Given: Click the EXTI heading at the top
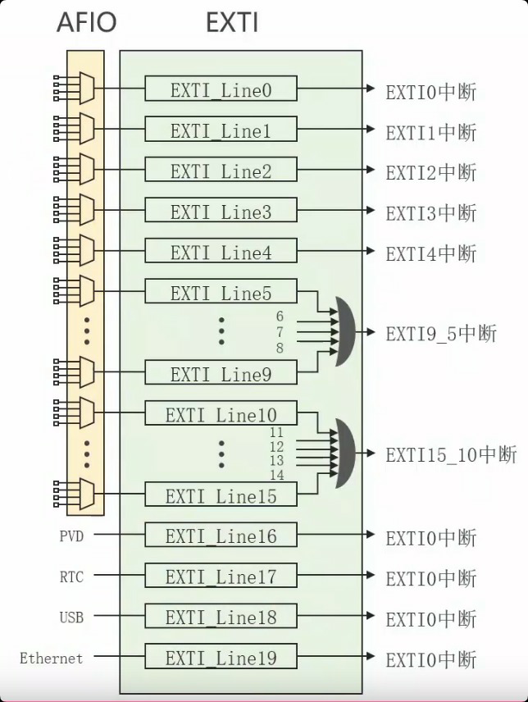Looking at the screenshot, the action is point(232,22).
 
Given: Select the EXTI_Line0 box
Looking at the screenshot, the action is point(221,89).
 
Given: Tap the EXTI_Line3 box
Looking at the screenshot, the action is point(221,212).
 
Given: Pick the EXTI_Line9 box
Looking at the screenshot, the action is point(221,374).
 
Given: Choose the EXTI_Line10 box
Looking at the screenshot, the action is point(221,414).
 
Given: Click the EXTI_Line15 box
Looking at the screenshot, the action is point(221,495).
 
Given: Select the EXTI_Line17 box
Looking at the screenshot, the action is point(221,577).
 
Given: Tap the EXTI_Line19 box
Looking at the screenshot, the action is point(221,658).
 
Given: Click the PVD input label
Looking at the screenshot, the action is point(71,536).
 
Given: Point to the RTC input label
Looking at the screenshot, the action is point(71,577).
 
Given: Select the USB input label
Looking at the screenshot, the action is point(71,617).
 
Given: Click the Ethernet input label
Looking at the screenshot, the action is point(51,658).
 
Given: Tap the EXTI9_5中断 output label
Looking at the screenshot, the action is point(441,334).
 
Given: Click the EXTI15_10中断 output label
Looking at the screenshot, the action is point(451,454).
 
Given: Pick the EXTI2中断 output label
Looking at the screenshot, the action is point(430,172).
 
